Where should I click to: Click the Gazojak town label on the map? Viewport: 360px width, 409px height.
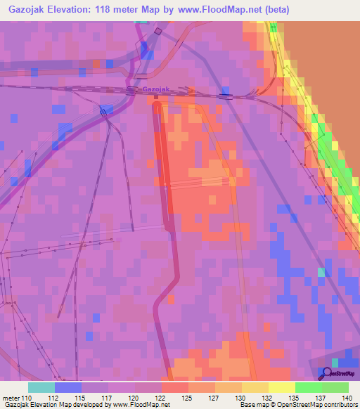(156, 89)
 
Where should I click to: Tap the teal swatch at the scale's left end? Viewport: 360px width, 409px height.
(41, 387)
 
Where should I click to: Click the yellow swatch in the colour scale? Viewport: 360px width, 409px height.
(281, 387)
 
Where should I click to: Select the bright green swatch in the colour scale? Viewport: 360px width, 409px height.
(308, 387)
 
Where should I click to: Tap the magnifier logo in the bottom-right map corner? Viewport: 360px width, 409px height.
(327, 372)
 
